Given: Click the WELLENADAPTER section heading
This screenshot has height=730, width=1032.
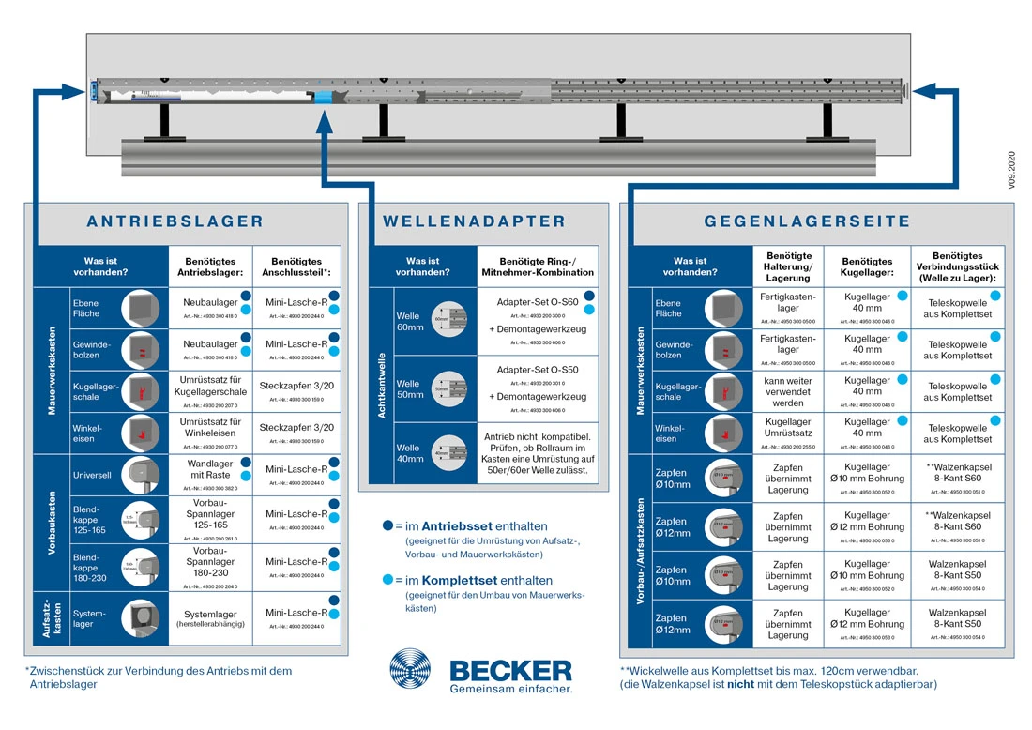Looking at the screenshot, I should tap(475, 222).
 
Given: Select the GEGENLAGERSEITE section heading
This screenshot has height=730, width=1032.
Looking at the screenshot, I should tap(808, 222).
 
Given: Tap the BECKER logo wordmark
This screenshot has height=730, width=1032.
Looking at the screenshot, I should tap(510, 669).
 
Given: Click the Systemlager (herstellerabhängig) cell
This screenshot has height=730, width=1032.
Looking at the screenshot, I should tap(210, 617).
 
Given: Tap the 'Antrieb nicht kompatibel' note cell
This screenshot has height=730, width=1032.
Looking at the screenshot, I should tap(538, 453).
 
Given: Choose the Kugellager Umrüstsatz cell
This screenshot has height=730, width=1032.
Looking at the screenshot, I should tap(788, 433).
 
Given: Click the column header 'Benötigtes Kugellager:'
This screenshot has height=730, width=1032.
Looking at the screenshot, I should tap(868, 266).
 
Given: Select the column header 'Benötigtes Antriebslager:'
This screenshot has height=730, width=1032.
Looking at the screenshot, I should tap(210, 266).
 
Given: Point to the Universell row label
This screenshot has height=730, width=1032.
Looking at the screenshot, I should tap(93, 475).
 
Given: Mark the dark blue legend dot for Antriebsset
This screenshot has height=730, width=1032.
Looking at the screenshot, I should tap(387, 526).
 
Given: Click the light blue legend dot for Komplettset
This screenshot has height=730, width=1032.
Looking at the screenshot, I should tap(387, 581).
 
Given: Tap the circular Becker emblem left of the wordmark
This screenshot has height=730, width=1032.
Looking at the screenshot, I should tap(414, 670).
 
